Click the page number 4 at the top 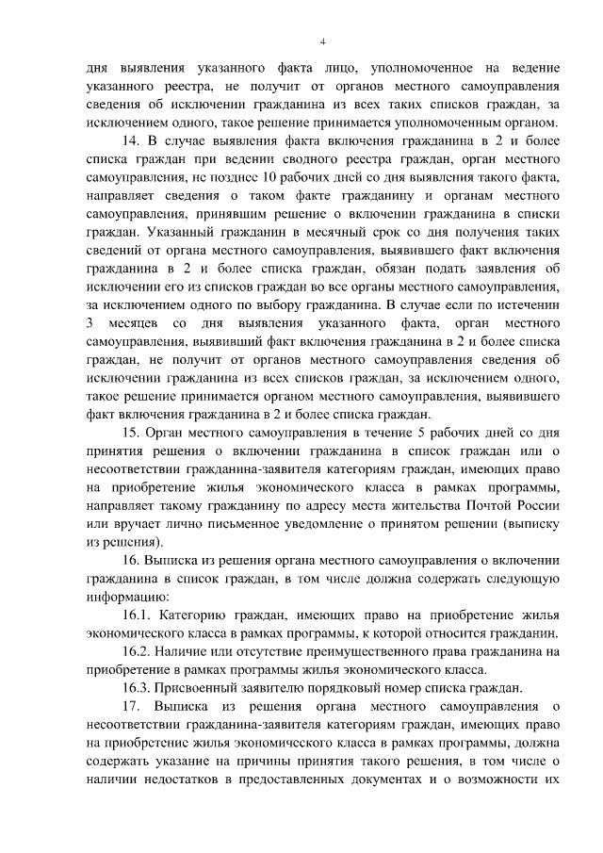323,42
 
